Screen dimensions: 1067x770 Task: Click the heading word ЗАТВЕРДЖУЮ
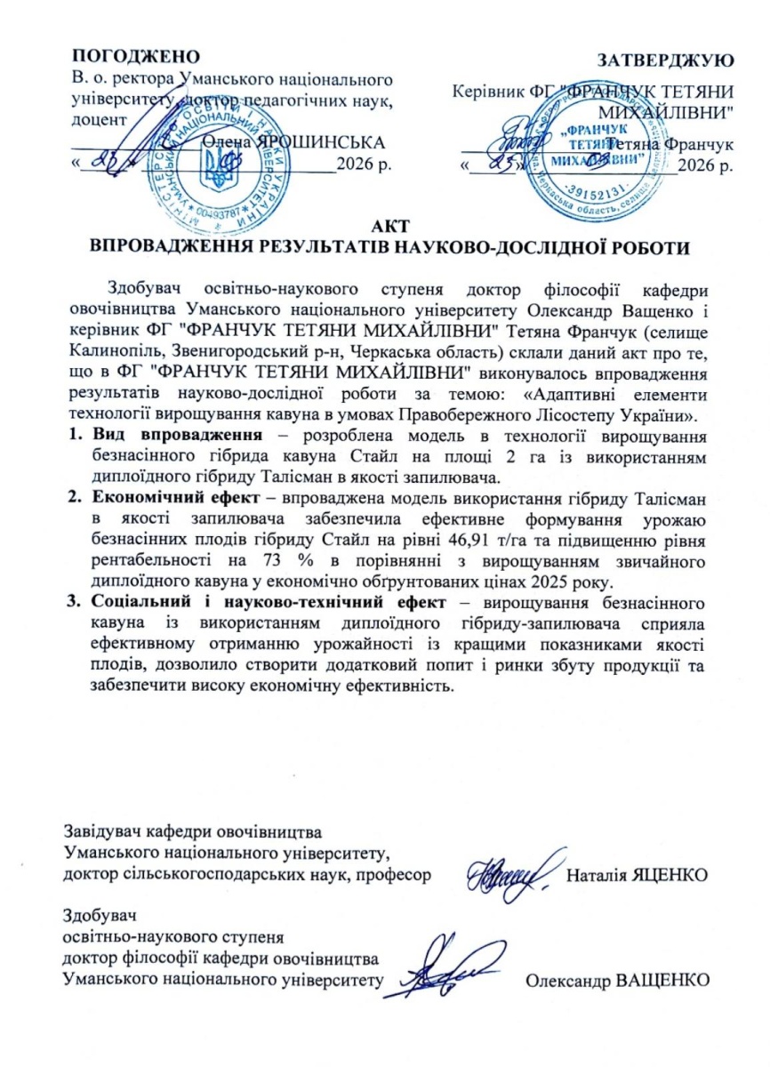666,61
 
